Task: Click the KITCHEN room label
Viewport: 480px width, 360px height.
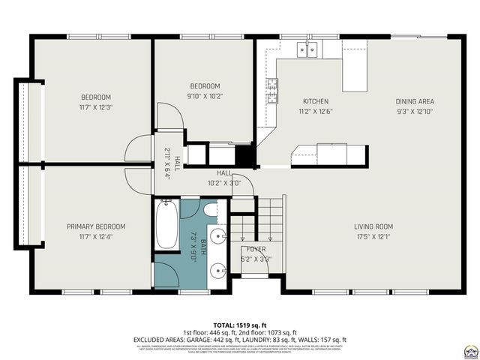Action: [315, 101]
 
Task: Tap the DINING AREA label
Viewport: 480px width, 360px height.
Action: [415, 101]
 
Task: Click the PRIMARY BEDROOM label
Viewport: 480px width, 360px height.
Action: [96, 226]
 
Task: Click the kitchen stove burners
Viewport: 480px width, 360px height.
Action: [271, 91]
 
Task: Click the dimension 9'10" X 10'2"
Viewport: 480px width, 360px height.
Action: [205, 96]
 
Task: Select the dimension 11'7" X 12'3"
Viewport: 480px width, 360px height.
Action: [96, 108]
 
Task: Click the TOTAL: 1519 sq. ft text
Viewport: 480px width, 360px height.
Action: [240, 323]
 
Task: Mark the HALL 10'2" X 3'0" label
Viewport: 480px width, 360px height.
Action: [224, 178]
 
